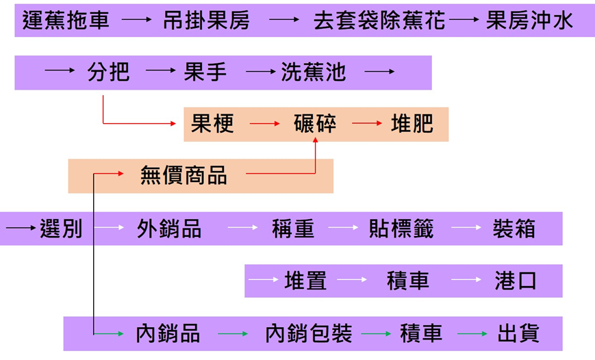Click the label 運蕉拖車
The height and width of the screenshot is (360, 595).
pos(66,21)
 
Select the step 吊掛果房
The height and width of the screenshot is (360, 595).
pos(206,21)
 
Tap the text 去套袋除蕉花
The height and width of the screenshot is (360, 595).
pos(379,21)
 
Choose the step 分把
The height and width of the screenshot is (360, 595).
pos(108,72)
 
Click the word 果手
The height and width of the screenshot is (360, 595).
pos(205,72)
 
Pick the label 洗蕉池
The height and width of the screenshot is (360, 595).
pos(314,72)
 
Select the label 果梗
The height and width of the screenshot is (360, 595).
pos(212,124)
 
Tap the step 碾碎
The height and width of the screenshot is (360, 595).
pos(315,124)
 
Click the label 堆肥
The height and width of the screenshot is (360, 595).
pos(412,124)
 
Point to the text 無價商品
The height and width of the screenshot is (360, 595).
pos(183,176)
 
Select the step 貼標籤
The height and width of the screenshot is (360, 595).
pos(401,229)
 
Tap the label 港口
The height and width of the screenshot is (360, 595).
pos(516,281)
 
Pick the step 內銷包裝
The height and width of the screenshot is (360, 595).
pos(308,333)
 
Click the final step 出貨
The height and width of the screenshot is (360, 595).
pos(518,333)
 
